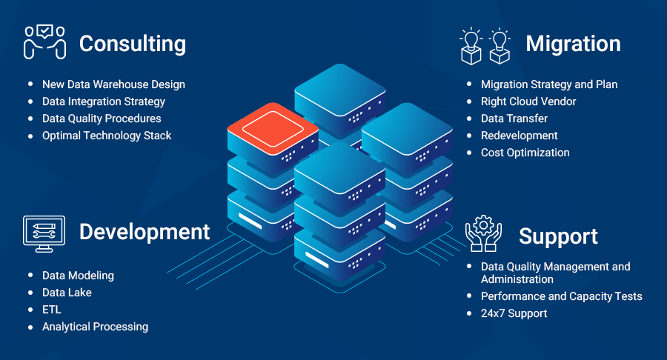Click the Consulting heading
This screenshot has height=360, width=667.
point(132,44)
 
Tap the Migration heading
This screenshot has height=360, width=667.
point(573,44)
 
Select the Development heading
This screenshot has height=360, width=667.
point(145,232)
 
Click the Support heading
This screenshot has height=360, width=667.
point(558,236)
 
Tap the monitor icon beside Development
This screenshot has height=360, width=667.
point(44,233)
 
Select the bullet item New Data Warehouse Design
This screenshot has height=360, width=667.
point(113,84)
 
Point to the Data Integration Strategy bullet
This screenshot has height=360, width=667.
point(104,101)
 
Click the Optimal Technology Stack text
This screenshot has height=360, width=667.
point(107,136)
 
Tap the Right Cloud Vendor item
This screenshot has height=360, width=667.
point(528,101)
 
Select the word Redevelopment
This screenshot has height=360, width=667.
point(520,136)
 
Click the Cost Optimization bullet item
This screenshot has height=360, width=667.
point(525,153)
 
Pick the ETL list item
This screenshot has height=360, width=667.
point(52,310)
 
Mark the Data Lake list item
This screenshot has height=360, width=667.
point(67,293)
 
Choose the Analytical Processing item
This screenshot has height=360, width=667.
point(95,327)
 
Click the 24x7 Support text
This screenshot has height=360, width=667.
point(514,313)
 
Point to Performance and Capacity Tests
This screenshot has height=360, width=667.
point(562,296)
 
